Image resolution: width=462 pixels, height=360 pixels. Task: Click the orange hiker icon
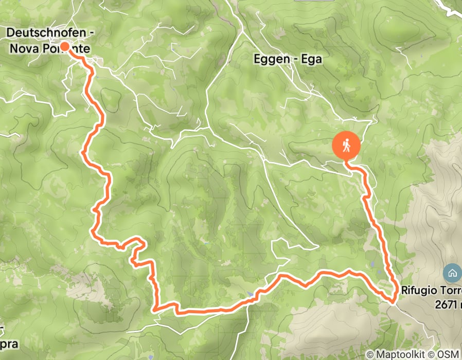coord(347,146)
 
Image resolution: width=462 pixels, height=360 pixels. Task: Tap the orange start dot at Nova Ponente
coord(65,47)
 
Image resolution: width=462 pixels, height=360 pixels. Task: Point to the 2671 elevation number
coord(445,304)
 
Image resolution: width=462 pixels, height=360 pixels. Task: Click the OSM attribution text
coord(449,354)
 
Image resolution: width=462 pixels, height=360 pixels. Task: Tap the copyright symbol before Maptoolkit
coord(370,354)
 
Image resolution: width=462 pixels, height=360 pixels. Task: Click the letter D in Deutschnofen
coord(10,33)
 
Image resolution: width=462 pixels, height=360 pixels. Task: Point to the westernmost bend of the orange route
coord(83,151)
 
